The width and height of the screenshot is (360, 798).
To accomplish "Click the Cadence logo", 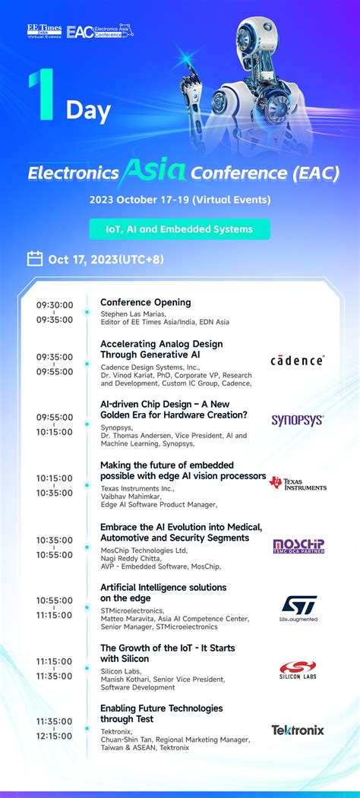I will (297, 361).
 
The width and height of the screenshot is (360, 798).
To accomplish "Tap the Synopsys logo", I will (298, 420).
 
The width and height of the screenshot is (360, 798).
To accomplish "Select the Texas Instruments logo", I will (298, 483).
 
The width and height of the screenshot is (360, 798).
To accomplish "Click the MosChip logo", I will (298, 546).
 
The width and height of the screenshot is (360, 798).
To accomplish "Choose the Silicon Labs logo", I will (298, 670).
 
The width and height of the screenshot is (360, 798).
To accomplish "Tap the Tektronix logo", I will (298, 730).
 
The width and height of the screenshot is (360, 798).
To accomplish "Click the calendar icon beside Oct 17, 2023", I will (35, 259).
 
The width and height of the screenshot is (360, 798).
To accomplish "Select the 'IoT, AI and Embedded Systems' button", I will (179, 229).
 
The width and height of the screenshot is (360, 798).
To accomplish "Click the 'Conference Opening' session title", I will (146, 302).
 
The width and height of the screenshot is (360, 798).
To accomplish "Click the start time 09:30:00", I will (55, 305).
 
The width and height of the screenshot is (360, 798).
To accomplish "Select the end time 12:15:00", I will (55, 736).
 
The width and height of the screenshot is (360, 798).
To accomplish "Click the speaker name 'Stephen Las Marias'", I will (134, 313).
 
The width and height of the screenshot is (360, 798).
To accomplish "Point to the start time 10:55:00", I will (55, 601).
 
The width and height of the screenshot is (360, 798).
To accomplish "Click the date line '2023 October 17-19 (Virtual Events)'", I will (179, 200).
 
